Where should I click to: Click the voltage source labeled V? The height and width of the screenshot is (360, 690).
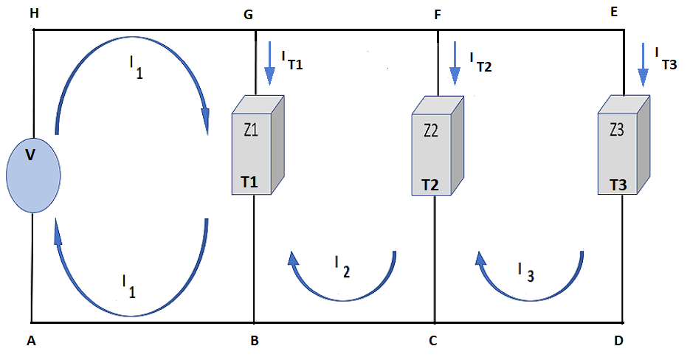point(33,175)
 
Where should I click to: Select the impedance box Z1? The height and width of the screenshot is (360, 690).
point(258,145)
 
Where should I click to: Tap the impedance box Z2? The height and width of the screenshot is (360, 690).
point(438,145)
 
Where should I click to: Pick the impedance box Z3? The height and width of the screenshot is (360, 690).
point(624,145)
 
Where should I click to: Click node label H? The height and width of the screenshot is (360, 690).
point(33,13)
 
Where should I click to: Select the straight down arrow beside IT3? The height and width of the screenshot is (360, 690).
point(643,65)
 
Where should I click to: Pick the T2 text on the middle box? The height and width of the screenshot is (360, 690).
point(430,185)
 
